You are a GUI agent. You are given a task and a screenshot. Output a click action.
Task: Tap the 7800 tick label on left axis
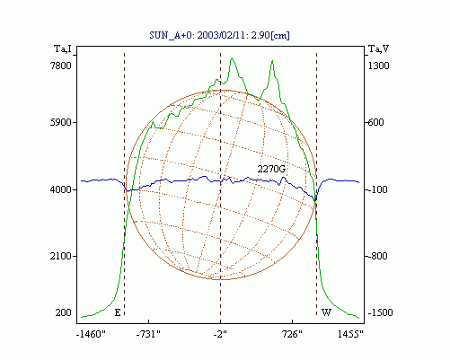click(x=61, y=66)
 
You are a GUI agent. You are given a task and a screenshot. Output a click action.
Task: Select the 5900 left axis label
click(x=61, y=122)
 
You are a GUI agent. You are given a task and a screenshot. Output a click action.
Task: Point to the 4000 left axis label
click(x=61, y=189)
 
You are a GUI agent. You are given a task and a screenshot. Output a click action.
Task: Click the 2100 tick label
click(x=61, y=256)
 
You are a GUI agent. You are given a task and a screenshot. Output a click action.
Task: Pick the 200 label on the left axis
click(x=64, y=312)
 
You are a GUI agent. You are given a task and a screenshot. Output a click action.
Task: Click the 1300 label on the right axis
click(x=378, y=66)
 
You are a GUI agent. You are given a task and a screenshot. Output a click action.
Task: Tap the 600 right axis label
click(x=375, y=122)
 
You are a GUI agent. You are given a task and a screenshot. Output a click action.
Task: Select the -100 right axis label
click(x=376, y=189)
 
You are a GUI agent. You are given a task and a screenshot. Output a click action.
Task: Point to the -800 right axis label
click(x=376, y=256)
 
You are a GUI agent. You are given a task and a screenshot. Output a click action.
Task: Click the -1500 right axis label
click(x=379, y=312)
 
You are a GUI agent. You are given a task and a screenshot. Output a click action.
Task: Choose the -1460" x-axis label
click(x=91, y=334)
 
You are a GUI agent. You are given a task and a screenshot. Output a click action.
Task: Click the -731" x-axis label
click(x=148, y=334)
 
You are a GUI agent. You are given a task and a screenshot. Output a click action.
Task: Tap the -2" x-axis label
click(x=220, y=334)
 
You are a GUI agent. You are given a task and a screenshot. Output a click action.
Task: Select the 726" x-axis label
click(x=292, y=334)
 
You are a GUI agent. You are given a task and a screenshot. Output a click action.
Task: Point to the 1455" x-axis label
click(x=350, y=334)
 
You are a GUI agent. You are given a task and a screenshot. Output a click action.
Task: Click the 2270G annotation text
click(x=271, y=169)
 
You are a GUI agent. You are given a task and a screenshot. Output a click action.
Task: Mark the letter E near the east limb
click(x=118, y=313)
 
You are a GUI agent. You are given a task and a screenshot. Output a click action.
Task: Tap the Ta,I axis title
click(x=63, y=48)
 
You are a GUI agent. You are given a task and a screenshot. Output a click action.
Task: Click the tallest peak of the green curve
click(x=232, y=58)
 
